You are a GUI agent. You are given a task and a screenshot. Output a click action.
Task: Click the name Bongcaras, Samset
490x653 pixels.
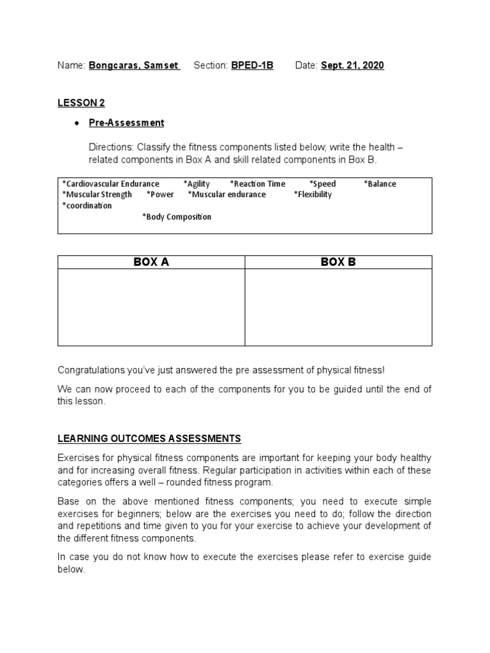(x=135, y=66)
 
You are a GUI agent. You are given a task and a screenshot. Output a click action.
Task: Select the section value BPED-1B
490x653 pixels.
(x=251, y=66)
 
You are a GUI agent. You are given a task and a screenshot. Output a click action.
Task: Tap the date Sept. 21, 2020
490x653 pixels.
(x=352, y=66)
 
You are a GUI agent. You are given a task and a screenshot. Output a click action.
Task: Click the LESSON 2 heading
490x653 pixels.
(x=81, y=103)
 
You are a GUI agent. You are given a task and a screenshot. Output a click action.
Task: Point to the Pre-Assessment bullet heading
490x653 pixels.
(x=126, y=122)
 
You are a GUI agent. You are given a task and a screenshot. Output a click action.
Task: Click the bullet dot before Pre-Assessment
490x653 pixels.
(x=77, y=123)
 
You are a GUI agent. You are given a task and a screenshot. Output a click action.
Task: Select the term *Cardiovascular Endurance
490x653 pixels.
(x=111, y=184)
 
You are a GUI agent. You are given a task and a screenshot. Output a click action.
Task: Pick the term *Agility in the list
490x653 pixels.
(x=196, y=184)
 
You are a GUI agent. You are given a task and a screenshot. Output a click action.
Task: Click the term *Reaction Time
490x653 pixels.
(x=258, y=184)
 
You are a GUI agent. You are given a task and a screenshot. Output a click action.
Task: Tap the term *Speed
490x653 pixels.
(x=322, y=184)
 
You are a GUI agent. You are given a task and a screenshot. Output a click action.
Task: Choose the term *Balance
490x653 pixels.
(x=380, y=184)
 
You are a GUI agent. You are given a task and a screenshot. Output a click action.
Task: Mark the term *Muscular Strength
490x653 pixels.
(x=97, y=194)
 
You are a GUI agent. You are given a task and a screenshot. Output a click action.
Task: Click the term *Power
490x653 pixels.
(x=160, y=194)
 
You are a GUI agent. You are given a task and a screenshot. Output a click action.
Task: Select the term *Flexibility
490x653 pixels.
(x=313, y=194)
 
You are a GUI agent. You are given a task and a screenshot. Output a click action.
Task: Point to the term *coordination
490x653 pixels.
(x=87, y=205)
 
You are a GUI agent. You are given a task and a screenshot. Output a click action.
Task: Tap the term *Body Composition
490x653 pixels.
(x=177, y=217)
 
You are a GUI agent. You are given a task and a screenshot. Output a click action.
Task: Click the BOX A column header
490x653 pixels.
(x=151, y=262)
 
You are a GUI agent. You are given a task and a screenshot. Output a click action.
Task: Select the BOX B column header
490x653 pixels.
(x=338, y=262)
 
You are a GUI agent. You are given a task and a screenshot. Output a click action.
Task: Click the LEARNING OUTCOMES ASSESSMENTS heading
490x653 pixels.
(x=149, y=438)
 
